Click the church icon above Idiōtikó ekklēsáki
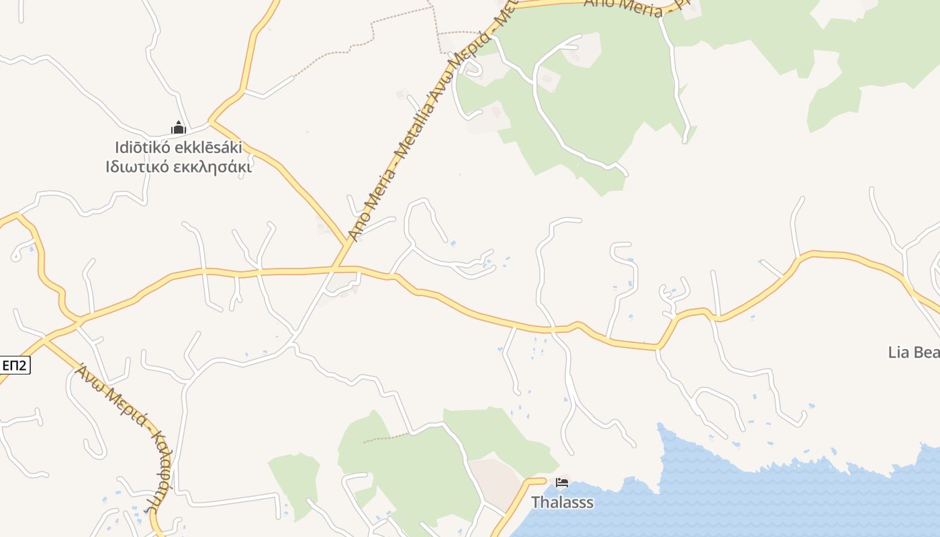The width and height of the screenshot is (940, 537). tap(178, 128)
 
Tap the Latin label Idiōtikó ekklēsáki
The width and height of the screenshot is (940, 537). tap(179, 148)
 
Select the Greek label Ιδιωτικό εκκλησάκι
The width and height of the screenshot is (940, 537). tap(179, 167)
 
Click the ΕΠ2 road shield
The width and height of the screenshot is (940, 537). tap(14, 365)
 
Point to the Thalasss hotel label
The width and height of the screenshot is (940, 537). tap(562, 502)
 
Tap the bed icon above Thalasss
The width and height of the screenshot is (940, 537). tap(562, 483)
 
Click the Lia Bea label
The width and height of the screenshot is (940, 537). tap(913, 352)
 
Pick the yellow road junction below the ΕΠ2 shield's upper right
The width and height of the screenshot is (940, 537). tap(44, 340)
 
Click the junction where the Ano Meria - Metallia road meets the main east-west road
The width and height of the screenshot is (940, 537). tap(334, 269)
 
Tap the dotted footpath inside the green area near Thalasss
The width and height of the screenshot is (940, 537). tap(386, 438)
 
